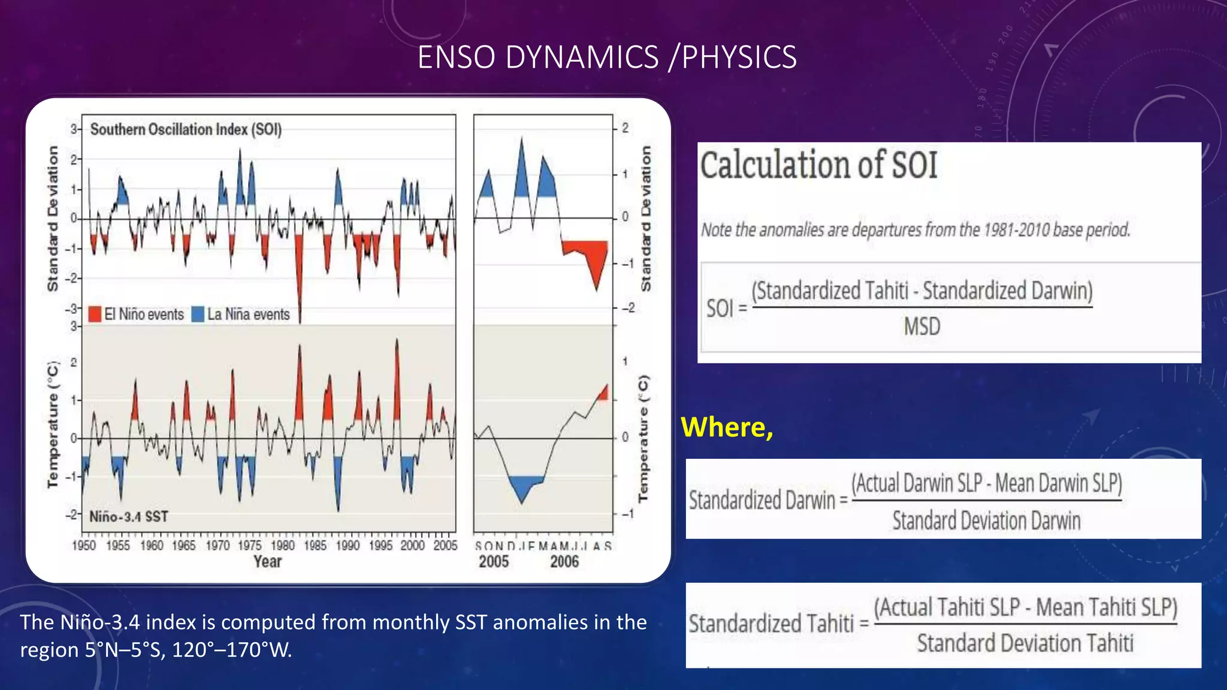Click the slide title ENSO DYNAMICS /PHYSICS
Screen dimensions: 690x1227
(606, 57)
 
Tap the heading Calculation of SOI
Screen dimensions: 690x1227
(818, 165)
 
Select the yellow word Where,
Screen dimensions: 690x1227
(727, 427)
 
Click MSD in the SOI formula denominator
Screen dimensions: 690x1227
(922, 327)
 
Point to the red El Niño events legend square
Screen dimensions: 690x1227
(95, 314)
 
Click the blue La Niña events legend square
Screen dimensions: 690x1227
(198, 314)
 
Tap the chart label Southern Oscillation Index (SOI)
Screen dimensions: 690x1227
(186, 129)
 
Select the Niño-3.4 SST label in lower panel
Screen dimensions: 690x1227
(129, 516)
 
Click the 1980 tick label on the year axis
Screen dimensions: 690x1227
(283, 546)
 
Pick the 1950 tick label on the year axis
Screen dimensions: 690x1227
(84, 546)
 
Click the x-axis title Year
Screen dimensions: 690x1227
(267, 562)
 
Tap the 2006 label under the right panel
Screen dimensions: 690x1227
(564, 562)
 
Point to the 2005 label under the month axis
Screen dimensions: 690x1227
(494, 562)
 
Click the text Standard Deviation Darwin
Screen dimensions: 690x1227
(986, 521)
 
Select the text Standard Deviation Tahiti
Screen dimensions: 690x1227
(1025, 644)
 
